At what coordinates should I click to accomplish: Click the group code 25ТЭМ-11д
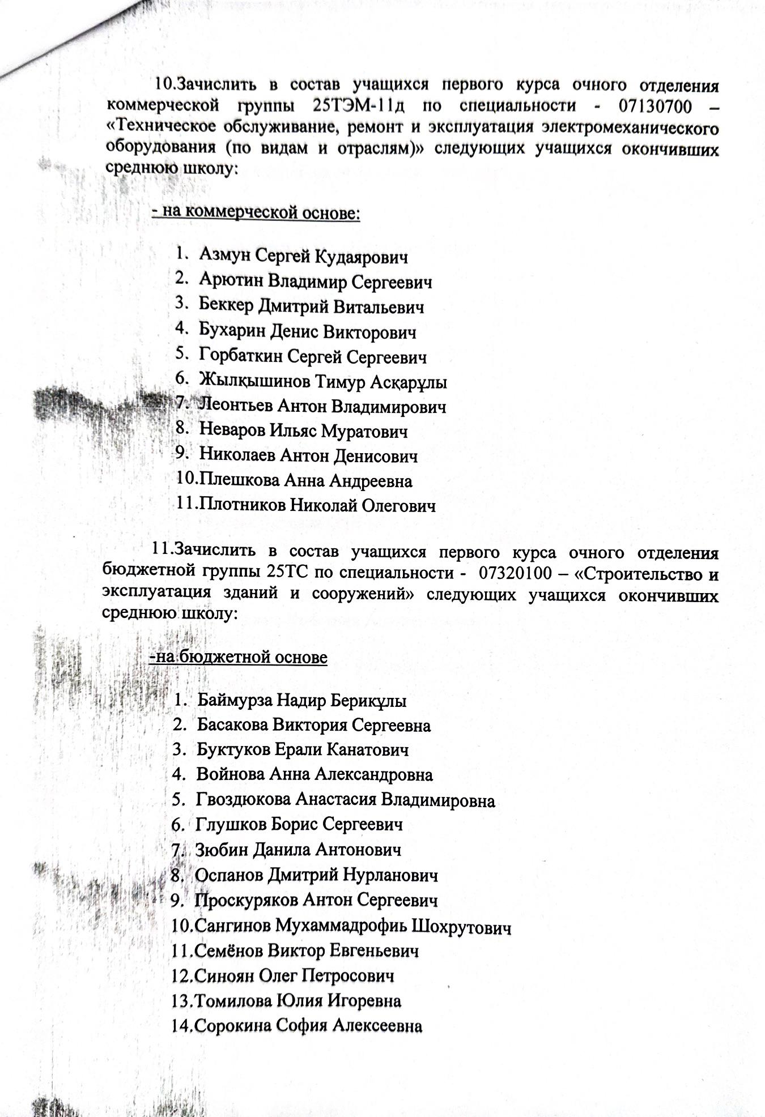tap(361, 105)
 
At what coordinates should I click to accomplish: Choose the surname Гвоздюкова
tap(244, 800)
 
